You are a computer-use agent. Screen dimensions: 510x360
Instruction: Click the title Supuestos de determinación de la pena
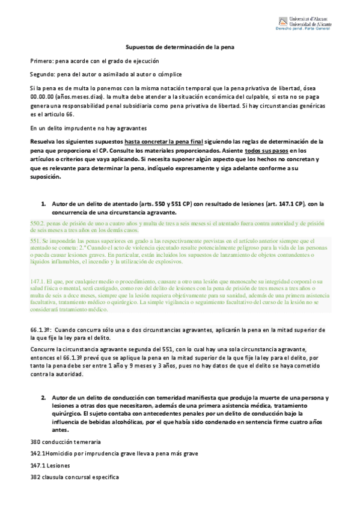pos(180,46)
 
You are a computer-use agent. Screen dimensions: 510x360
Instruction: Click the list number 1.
pos(43,204)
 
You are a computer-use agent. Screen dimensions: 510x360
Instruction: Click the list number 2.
pos(43,398)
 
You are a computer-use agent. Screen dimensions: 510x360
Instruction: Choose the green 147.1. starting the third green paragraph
pos(38,280)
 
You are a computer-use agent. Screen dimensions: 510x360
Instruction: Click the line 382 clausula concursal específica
pos(75,477)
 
